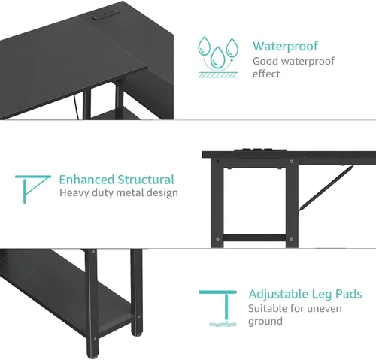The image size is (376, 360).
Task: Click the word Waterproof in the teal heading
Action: point(285,47)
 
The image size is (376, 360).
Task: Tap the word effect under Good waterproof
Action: point(266,74)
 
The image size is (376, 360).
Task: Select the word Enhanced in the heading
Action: point(86,180)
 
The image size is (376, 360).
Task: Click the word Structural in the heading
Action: point(146,180)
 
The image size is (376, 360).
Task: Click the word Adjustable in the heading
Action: point(278,294)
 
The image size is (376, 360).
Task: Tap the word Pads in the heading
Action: point(349,294)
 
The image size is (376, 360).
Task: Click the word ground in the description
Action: point(265,322)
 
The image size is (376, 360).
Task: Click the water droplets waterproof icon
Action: point(217,57)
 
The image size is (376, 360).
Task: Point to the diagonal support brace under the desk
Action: point(326,188)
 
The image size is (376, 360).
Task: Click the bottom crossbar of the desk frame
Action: point(254,238)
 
